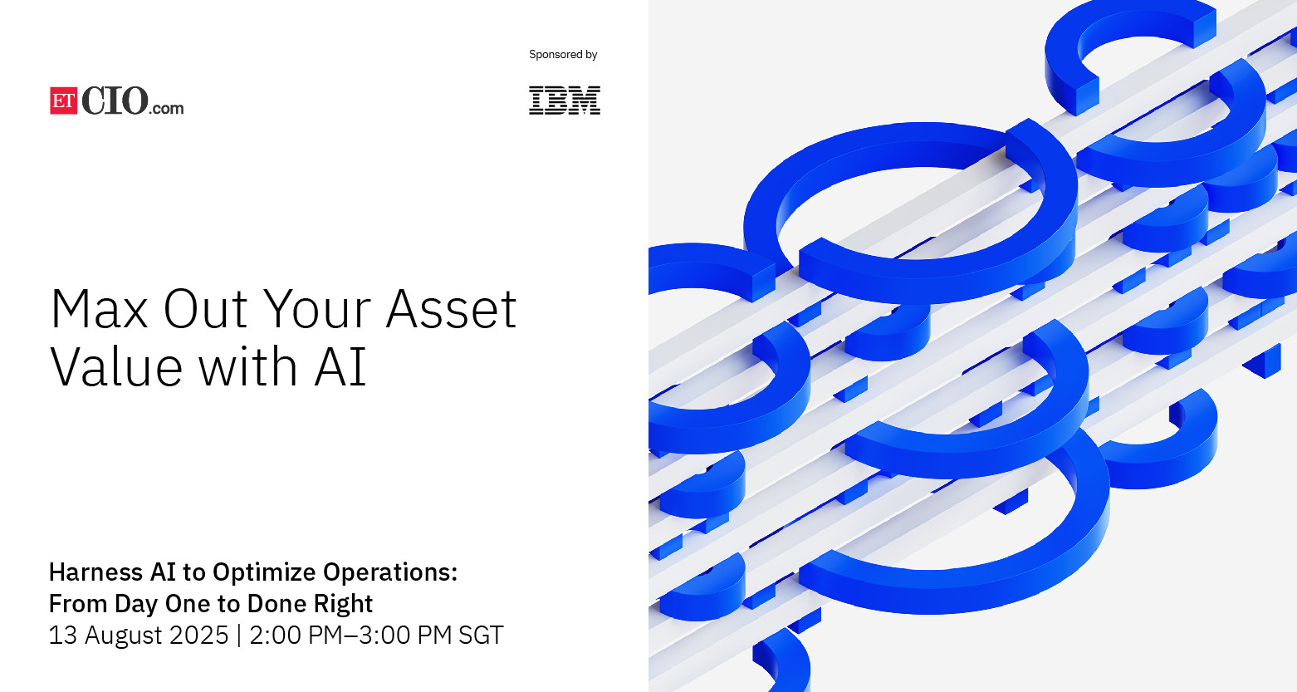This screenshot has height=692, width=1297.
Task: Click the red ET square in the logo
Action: click(64, 101)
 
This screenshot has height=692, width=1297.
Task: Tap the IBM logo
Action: click(565, 101)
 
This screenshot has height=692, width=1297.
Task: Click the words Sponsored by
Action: click(563, 55)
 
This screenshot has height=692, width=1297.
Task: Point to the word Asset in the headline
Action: click(451, 309)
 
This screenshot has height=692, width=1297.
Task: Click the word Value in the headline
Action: click(116, 366)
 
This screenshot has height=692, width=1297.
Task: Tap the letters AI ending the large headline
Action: click(340, 366)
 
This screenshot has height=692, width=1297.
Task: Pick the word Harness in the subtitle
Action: click(96, 572)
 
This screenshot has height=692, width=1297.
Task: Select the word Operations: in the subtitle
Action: click(390, 573)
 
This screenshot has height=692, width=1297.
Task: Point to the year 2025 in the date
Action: click(198, 636)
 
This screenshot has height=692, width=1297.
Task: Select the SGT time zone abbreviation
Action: click(481, 636)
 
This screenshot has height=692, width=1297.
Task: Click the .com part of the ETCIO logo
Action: click(166, 108)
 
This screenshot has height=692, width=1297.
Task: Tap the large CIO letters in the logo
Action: click(115, 101)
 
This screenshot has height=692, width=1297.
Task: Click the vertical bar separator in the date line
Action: click(239, 636)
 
